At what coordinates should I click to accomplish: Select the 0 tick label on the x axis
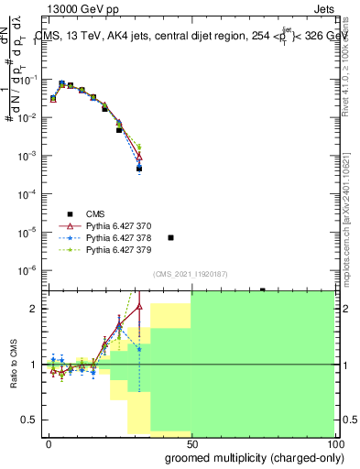tap(49, 442)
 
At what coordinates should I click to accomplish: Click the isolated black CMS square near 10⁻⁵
tap(170, 237)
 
